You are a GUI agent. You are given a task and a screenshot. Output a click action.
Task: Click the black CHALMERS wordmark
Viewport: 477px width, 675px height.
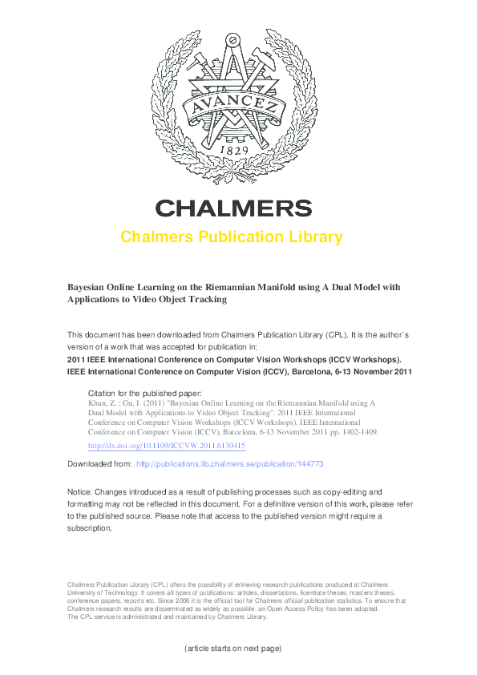[x=233, y=208]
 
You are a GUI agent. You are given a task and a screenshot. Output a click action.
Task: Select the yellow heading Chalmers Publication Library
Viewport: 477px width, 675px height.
[x=232, y=237]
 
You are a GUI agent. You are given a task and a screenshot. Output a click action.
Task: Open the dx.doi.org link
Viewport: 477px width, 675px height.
[x=166, y=446]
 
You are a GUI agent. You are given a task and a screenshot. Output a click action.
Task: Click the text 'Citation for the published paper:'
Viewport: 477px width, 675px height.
[x=145, y=394]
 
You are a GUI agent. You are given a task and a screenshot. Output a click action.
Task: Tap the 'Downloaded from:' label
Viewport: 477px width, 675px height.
[x=99, y=464]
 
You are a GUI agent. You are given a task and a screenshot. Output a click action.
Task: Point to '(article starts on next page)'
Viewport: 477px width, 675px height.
[x=232, y=648]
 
